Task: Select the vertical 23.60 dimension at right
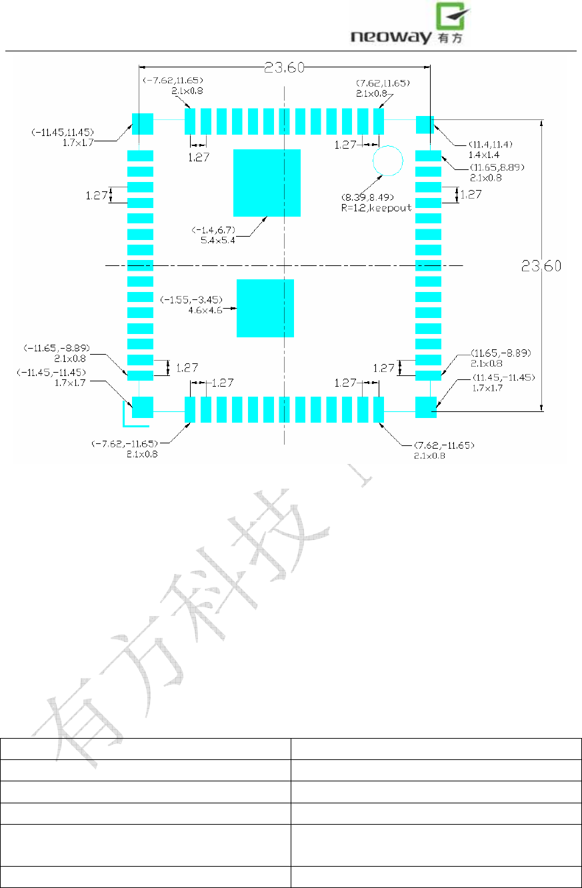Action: click(x=541, y=265)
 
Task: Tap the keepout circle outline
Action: click(x=388, y=161)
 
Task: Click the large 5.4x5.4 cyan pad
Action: click(x=267, y=183)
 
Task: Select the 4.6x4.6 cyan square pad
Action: click(x=265, y=308)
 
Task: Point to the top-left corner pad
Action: click(x=142, y=124)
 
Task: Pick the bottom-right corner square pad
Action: click(x=426, y=407)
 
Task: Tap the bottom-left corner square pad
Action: click(x=143, y=407)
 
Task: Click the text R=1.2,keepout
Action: click(x=376, y=208)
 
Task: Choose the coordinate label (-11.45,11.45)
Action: click(x=62, y=131)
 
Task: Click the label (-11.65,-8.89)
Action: click(x=57, y=348)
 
